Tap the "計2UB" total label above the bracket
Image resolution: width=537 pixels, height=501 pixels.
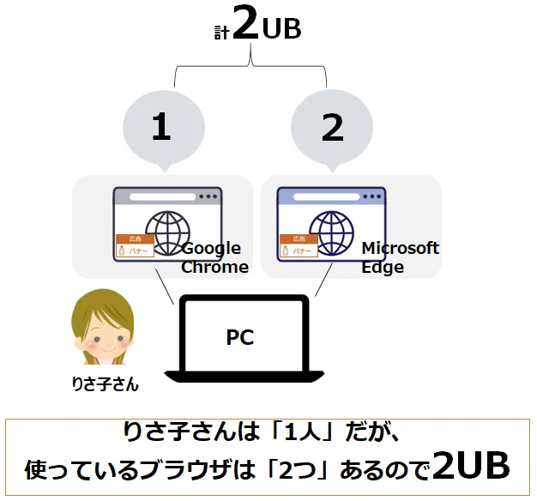click(257, 27)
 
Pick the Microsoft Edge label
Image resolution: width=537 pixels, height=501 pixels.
click(399, 257)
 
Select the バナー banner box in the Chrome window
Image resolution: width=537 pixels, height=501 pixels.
click(136, 251)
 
